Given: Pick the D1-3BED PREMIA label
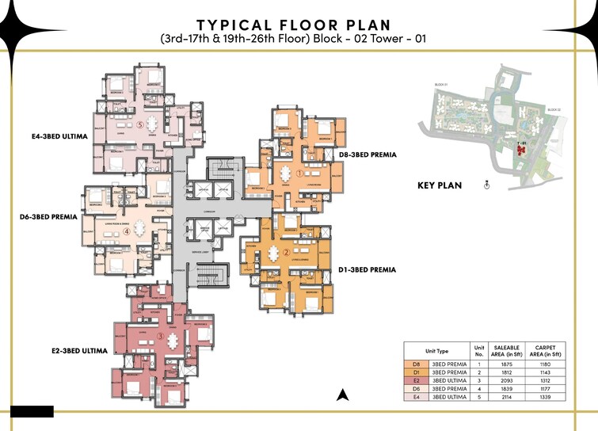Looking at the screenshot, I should click(x=366, y=269).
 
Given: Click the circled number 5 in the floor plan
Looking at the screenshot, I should click(x=140, y=124).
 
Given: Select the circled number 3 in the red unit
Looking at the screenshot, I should click(x=160, y=337).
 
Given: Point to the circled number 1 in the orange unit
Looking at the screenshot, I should click(x=299, y=172).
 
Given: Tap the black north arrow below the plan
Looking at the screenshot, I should click(x=342, y=395).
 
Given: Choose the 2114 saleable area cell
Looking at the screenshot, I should click(x=507, y=397).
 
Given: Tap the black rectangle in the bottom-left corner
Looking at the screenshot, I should click(x=32, y=411).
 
